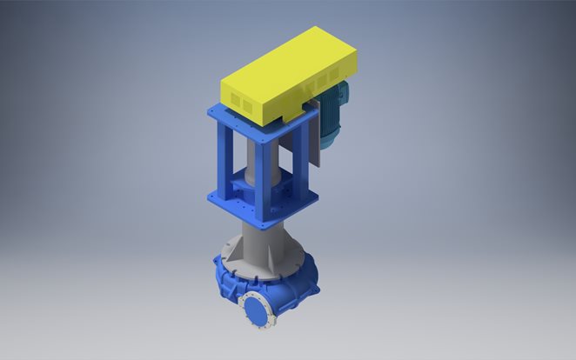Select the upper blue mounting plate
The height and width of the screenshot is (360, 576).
(x=252, y=122)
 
